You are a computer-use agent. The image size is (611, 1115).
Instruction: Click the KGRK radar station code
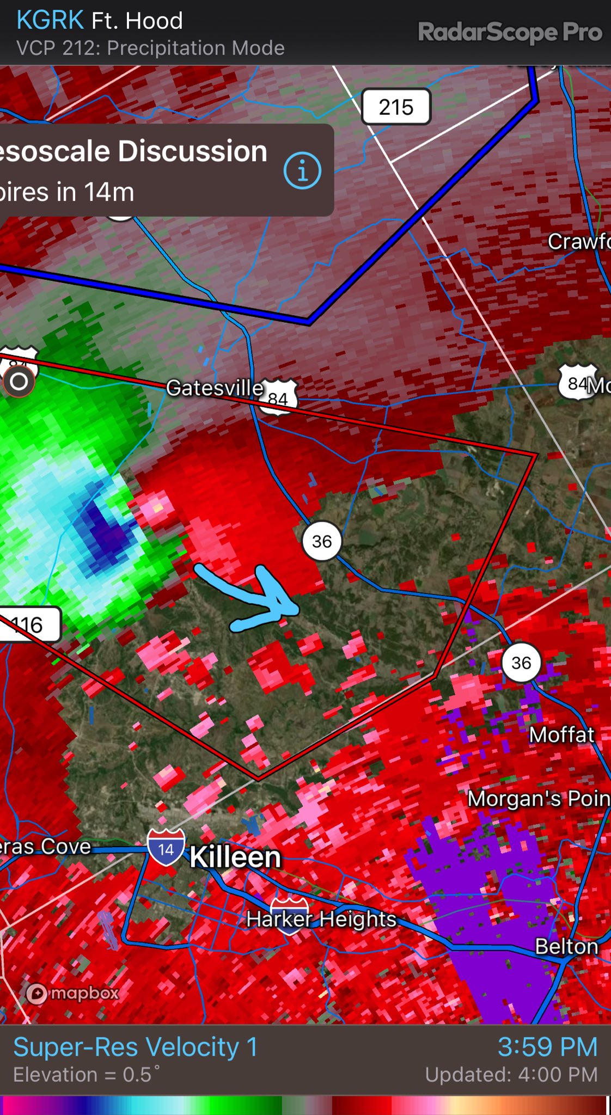coord(50,20)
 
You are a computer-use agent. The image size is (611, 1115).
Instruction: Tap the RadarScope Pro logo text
coord(510,32)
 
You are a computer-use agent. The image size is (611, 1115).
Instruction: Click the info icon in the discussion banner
coord(302,171)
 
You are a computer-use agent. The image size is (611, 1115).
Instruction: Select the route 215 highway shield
coord(396,107)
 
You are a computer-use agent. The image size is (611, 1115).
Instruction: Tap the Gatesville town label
coord(215,388)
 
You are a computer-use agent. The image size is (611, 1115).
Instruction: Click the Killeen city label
coord(235,857)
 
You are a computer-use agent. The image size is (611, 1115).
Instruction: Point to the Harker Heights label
coord(321,919)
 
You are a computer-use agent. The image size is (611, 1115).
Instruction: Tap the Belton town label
coord(566,946)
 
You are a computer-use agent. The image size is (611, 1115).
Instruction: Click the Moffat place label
coord(561,735)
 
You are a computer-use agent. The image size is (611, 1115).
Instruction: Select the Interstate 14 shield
coord(166,848)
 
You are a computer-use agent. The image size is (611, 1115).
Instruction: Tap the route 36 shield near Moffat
coord(521,663)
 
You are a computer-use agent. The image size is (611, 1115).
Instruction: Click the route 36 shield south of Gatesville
coord(321,541)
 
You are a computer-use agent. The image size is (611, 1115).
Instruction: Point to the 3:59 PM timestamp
coord(547,1047)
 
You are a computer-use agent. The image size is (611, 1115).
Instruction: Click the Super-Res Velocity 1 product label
coord(135,1047)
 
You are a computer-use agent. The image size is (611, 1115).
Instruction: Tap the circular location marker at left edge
coord(19,381)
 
